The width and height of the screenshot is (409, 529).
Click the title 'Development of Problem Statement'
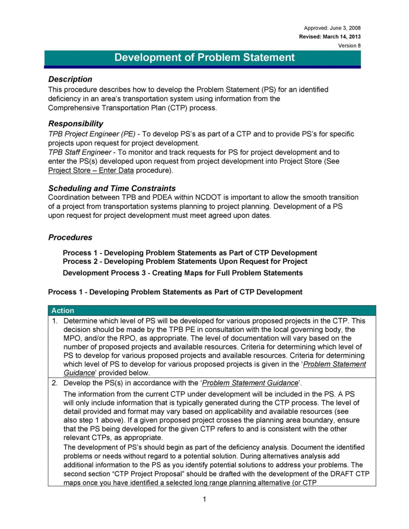(x=204, y=57)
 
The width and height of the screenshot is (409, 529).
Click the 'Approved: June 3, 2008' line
(x=332, y=28)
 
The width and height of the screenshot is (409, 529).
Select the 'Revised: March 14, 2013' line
(x=329, y=37)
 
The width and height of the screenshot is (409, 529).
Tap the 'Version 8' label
(x=349, y=45)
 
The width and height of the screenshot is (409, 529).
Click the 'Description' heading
(x=70, y=79)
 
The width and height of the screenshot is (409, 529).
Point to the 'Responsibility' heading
(x=75, y=124)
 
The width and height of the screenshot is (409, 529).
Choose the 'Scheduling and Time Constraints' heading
(x=112, y=188)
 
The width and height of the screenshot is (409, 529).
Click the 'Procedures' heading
(x=70, y=237)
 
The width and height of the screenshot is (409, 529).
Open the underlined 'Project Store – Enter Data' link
(x=91, y=170)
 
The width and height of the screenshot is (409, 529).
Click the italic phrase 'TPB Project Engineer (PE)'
(x=92, y=134)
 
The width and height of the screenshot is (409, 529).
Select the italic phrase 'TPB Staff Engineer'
(x=80, y=152)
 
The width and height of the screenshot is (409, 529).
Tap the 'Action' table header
(x=63, y=310)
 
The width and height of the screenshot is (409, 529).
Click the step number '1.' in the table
(x=55, y=321)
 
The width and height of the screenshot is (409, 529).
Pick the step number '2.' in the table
(x=55, y=383)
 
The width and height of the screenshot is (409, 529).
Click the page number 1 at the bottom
(x=204, y=499)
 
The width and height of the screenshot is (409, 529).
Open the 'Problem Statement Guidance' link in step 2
(x=250, y=383)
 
